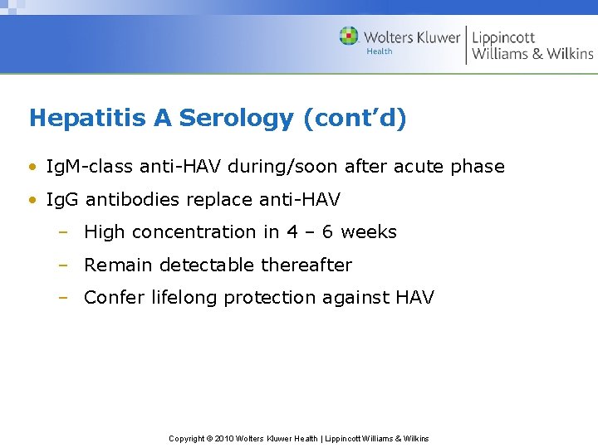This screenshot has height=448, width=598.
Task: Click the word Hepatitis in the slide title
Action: (88, 119)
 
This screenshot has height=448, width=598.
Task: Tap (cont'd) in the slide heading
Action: (355, 119)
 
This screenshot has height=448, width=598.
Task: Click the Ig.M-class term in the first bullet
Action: (90, 167)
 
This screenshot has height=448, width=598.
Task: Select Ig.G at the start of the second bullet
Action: (62, 200)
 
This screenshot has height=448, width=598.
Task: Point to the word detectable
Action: (207, 265)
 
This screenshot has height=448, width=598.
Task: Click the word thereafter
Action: (306, 265)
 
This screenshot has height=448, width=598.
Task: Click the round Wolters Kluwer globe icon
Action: (349, 37)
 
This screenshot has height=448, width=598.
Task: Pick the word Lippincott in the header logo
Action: (503, 37)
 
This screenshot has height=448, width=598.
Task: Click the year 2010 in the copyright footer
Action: (223, 439)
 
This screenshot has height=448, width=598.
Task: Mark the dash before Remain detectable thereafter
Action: (62, 265)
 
